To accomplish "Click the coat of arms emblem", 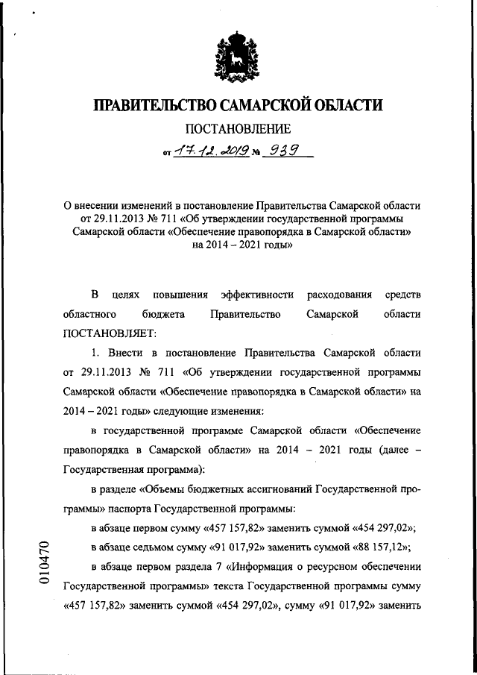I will click(x=238, y=54).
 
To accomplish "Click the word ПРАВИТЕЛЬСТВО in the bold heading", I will click(x=159, y=104).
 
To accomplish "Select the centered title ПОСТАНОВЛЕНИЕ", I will click(x=238, y=130).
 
